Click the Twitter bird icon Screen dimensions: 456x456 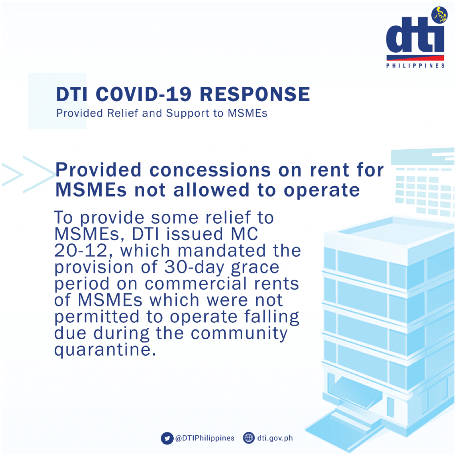pos(167,438)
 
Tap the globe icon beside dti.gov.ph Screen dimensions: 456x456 pos(248,438)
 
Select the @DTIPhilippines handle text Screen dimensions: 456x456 pos(205,438)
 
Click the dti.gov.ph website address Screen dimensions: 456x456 pos(275,438)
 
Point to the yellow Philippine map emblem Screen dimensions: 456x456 pos(440,15)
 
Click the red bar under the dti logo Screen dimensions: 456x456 pos(415,58)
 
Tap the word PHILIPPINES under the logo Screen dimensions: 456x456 pos(415,66)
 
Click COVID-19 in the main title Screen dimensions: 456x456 pos(144,94)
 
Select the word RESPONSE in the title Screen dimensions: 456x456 pos(255,94)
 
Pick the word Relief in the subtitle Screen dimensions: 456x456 pos(123,113)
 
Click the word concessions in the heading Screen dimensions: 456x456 pos(210,170)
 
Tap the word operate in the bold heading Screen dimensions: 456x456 pos(322,191)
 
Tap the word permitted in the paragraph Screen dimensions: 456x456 pos(97,317)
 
